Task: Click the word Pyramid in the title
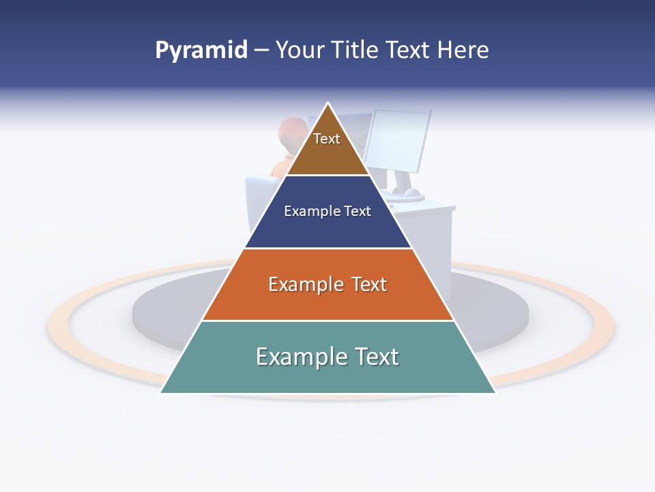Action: tap(201, 51)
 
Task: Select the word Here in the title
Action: tap(463, 51)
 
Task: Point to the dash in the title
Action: tap(261, 51)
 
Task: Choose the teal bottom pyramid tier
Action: tap(327, 376)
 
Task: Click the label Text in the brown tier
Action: tap(327, 139)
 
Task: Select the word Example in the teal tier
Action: tap(301, 357)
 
